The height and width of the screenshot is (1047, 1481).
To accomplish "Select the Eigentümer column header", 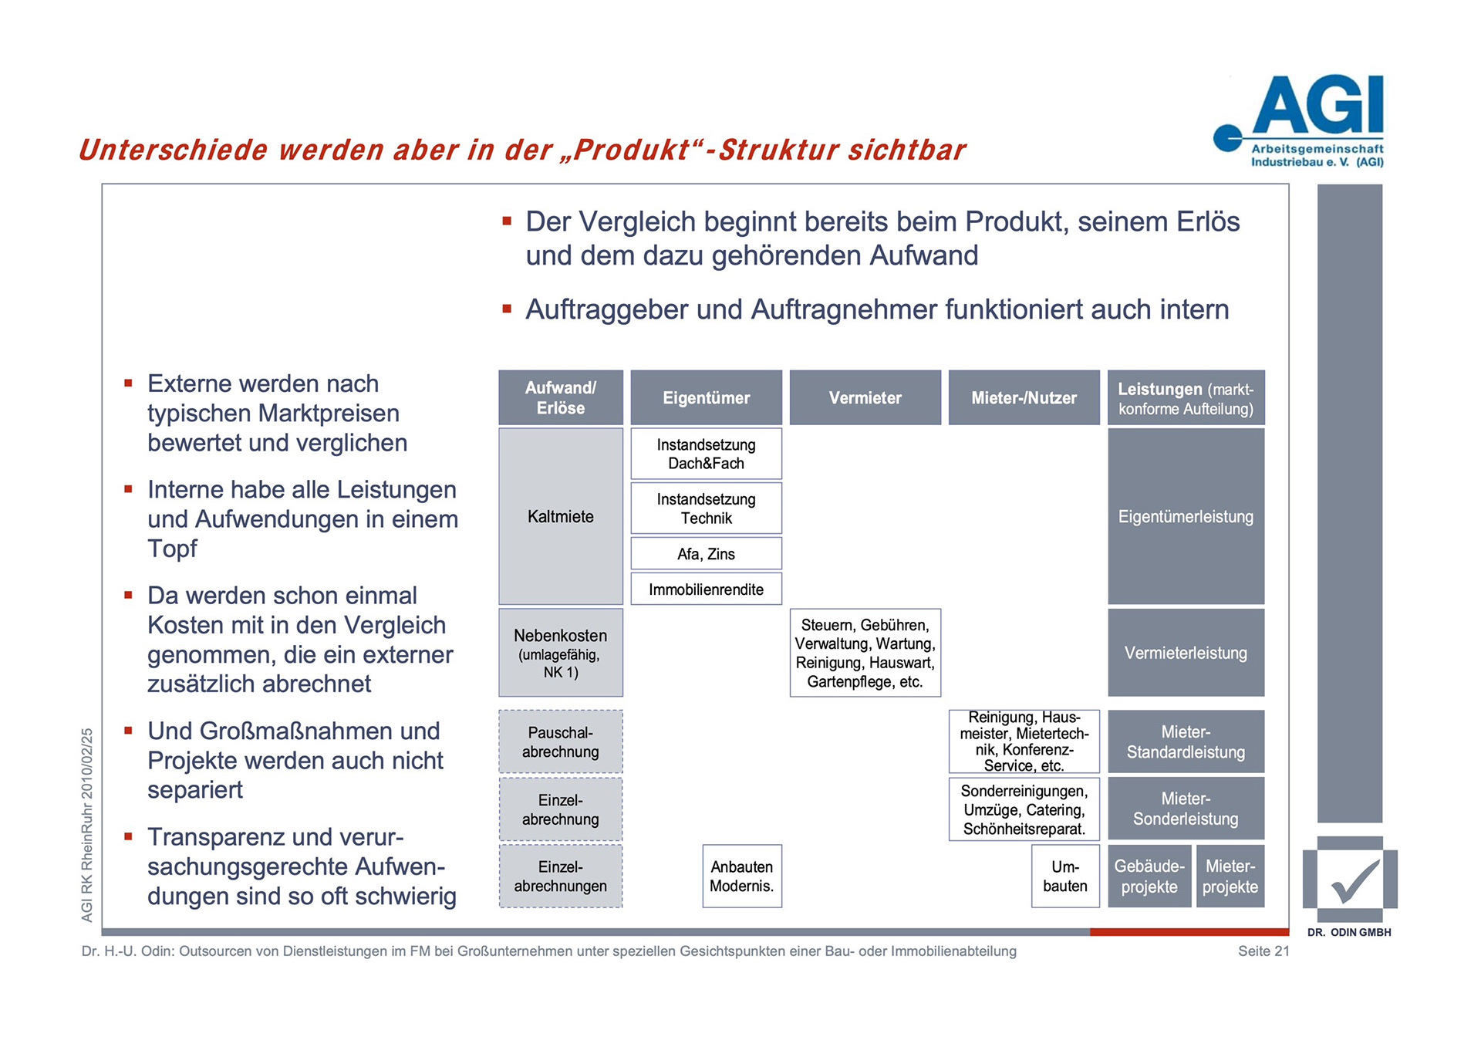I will coord(706,397).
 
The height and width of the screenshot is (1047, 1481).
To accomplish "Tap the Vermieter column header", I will coord(865,397).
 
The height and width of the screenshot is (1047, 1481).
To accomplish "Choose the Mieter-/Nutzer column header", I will coord(1024,397).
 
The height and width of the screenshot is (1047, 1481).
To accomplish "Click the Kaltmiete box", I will coord(561,516).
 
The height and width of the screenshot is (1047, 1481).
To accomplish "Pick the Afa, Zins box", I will coord(706,553).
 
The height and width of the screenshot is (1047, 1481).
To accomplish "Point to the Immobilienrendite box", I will coord(706,589).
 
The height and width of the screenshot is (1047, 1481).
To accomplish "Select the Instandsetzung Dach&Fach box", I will coord(706,454).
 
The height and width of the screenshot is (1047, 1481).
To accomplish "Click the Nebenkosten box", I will coord(561,653).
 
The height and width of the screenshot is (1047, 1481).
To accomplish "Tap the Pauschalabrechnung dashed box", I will coord(561,741).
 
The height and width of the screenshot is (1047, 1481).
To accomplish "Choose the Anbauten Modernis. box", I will coord(741,876).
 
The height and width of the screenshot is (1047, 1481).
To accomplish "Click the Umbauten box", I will coord(1064,876).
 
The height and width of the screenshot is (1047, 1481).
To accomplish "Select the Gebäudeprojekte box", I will coord(1149,876).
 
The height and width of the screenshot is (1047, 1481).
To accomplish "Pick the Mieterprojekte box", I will coord(1230,876).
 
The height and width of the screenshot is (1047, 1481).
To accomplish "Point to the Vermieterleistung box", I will coord(1186,653).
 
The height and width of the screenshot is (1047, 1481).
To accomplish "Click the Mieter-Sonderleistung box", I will coord(1186,808).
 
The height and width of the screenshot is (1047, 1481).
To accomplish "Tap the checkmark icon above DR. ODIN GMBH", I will coord(1350,880).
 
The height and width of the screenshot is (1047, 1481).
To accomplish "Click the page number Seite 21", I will coord(1263,951).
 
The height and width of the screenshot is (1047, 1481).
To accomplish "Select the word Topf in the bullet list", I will coord(172,549).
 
